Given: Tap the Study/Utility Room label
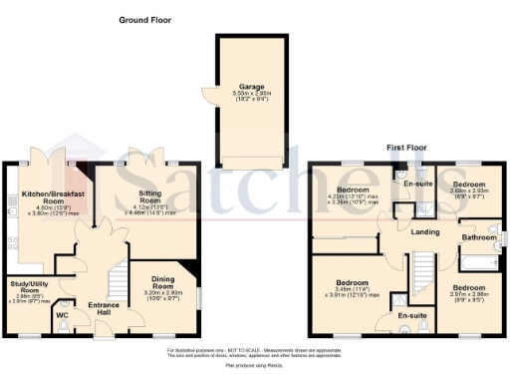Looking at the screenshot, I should tap(26, 289).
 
